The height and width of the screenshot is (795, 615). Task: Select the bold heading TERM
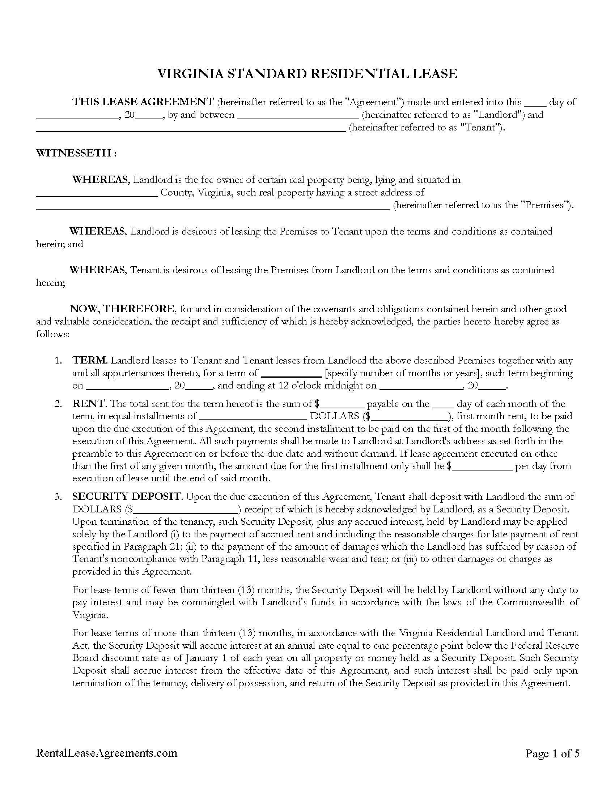click(x=89, y=360)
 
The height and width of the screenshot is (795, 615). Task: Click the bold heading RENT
click(x=89, y=404)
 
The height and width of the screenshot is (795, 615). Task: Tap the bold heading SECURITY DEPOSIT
click(x=126, y=497)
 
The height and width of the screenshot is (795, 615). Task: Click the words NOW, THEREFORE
click(x=122, y=309)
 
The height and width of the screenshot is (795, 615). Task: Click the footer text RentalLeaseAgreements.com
click(x=106, y=753)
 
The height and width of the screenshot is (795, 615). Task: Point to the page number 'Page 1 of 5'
click(x=552, y=753)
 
